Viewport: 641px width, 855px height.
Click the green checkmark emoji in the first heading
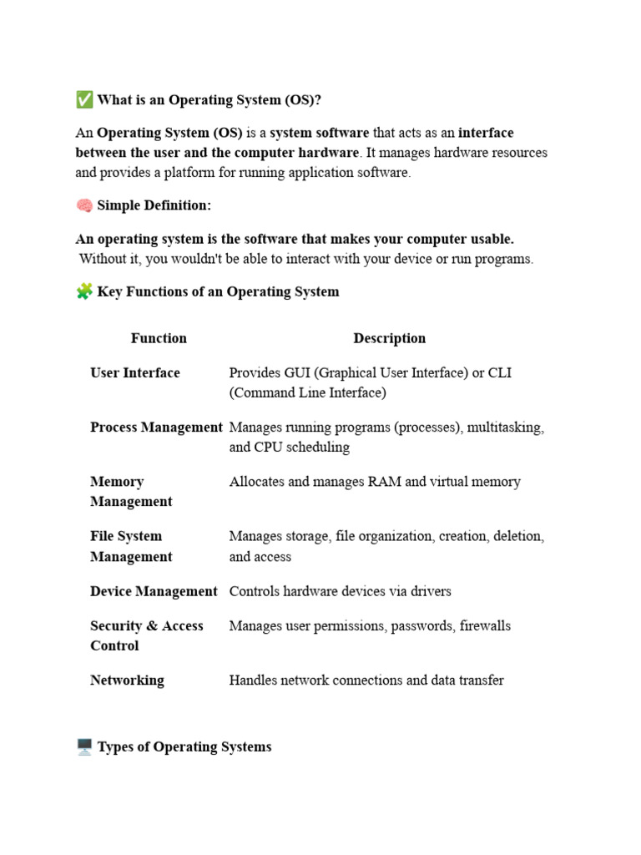84,100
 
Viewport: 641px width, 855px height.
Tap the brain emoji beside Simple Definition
84,205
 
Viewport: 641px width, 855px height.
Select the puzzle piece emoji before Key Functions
84,291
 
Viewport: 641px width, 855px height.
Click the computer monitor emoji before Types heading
84,746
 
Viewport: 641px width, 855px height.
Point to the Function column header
159,338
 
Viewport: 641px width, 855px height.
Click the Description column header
389,338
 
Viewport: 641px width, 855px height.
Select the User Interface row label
135,372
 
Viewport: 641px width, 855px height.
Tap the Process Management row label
156,427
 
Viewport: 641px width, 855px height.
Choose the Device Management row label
154,591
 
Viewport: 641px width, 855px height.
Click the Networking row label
127,680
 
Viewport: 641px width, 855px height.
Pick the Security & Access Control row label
146,635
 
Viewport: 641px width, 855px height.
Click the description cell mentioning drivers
340,591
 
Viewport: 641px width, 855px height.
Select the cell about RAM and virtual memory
375,482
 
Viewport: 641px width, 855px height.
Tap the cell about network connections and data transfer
366,680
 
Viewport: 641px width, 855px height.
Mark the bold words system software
319,133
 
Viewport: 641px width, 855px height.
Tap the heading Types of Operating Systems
184,746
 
